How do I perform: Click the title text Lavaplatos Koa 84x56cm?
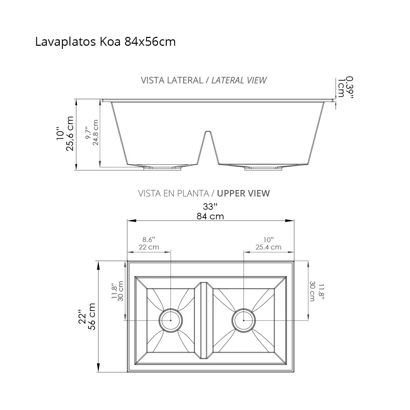coord(105,42)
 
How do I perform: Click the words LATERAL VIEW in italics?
coord(239,80)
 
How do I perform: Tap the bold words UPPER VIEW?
coord(243,193)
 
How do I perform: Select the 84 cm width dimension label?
coord(210,216)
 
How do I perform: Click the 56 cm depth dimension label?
coord(92,316)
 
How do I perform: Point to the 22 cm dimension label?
coord(149,247)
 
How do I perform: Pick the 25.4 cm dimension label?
coord(268,247)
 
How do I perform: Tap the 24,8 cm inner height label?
coord(95,133)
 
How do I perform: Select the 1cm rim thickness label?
coord(341,88)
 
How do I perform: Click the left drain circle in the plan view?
coord(170,320)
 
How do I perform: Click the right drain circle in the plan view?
coord(243,320)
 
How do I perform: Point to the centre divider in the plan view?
coord(204,320)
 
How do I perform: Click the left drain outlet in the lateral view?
coord(163,168)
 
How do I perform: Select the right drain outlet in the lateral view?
coord(264,168)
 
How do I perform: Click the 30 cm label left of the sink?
coord(120,291)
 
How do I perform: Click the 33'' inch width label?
coord(210,207)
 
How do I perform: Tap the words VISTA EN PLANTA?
coord(173,193)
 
